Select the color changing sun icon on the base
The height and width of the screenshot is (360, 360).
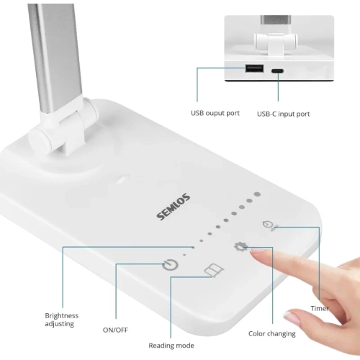[x=240, y=248]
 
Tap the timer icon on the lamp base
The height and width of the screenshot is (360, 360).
[x=269, y=225]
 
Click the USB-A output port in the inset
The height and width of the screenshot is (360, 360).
[x=253, y=69]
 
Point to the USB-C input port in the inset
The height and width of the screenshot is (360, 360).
[x=277, y=70]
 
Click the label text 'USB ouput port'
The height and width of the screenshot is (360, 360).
[x=214, y=113]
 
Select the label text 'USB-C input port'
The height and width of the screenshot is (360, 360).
[x=283, y=114]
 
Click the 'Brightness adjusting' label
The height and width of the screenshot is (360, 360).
[x=62, y=320]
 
